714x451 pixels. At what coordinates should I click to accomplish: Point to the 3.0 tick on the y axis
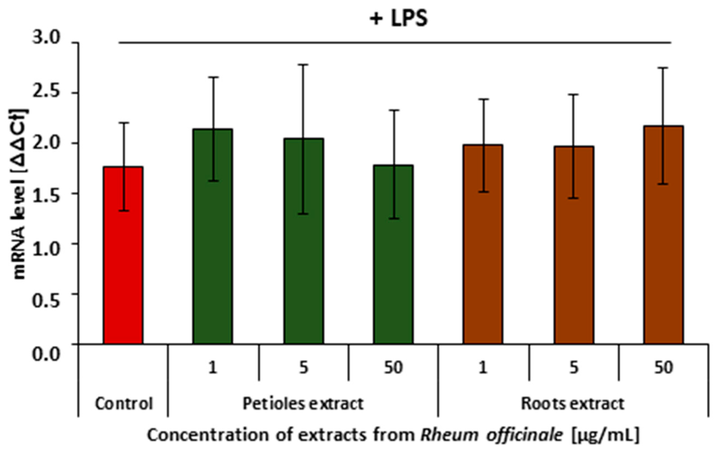pos(46,39)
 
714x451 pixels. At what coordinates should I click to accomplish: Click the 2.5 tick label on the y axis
pos(46,89)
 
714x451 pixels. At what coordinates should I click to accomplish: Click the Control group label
pos(124,403)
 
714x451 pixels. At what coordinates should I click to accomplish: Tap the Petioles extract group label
pos(303,403)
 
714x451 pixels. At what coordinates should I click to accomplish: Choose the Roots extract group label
pos(572,403)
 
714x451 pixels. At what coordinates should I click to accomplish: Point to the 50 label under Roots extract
pos(663,368)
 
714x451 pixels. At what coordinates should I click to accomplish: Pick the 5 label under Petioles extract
pos(303,368)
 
